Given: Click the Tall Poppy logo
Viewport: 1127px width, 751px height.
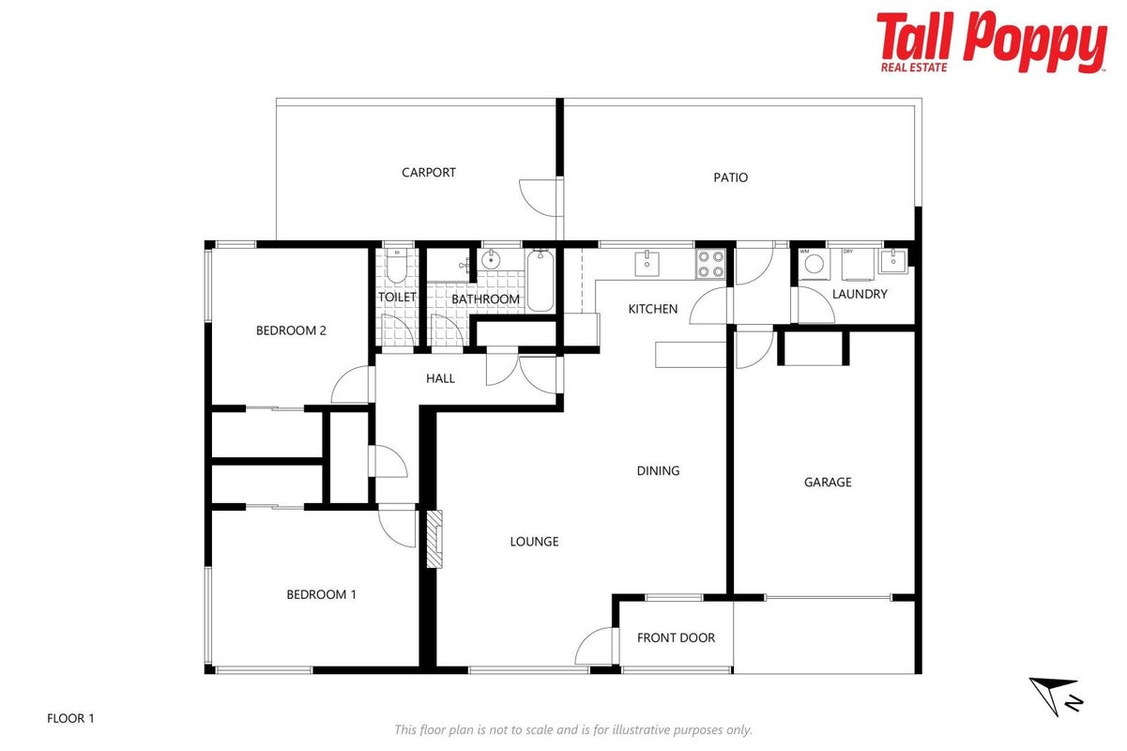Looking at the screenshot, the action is pos(991,42).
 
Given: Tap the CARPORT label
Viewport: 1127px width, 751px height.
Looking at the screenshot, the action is pos(429,173).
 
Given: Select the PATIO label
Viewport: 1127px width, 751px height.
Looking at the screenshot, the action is pos(731,177).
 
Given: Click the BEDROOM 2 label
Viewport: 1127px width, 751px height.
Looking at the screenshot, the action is pos(291,330).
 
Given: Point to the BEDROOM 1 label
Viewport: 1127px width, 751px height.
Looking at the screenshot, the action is pos(322,594).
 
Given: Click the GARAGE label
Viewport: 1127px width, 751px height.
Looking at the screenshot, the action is pos(828,483).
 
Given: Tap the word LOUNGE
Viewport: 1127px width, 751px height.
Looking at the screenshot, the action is pos(534,542).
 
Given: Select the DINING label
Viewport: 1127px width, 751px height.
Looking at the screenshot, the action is pos(658,470).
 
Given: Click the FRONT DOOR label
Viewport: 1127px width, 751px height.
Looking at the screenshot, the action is pos(676,637).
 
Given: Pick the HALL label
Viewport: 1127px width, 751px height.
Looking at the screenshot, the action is pos(440,378).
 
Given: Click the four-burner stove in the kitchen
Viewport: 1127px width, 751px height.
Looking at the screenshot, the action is pos(710,265).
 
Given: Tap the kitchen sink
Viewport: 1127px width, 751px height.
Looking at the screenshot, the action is pos(647,264).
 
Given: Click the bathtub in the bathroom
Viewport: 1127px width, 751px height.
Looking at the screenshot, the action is pos(541,281).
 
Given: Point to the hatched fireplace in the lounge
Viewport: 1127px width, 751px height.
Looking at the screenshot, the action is pos(434,539).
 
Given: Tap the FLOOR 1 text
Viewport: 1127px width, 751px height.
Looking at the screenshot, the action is pos(70,718).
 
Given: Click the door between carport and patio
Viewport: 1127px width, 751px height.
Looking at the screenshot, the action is pos(541,197).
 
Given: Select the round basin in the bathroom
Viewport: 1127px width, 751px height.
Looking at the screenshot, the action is pos(490,260).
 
